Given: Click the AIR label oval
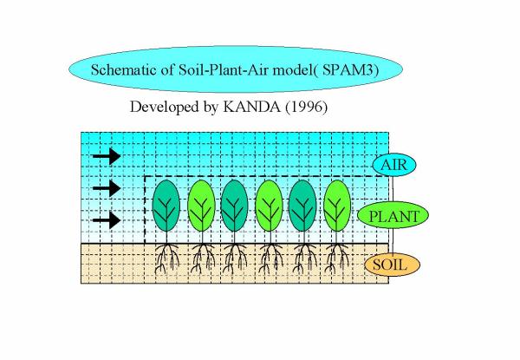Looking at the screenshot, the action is tap(394, 165).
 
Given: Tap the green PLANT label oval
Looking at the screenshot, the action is tap(393, 216).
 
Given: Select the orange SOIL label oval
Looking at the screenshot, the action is tap(393, 265).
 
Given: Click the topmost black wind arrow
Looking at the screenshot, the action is tap(107, 156).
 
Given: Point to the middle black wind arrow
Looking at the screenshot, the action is tap(107, 188).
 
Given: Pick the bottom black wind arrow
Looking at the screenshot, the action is tap(107, 220).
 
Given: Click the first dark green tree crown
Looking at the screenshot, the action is tap(166, 206).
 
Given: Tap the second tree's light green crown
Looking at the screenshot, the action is tap(201, 206).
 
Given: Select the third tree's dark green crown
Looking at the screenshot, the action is tap(235, 206).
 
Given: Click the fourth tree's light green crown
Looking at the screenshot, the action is tap(270, 206).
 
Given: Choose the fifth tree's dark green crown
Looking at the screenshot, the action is tap(302, 206).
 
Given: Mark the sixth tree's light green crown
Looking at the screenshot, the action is tap(337, 206).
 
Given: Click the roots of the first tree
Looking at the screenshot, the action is tap(166, 259).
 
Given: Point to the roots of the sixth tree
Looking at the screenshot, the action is tap(337, 259).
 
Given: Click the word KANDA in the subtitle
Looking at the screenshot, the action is tap(251, 107).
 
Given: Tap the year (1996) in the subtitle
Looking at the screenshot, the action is tap(306, 107).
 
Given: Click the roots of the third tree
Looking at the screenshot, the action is tap(235, 259).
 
